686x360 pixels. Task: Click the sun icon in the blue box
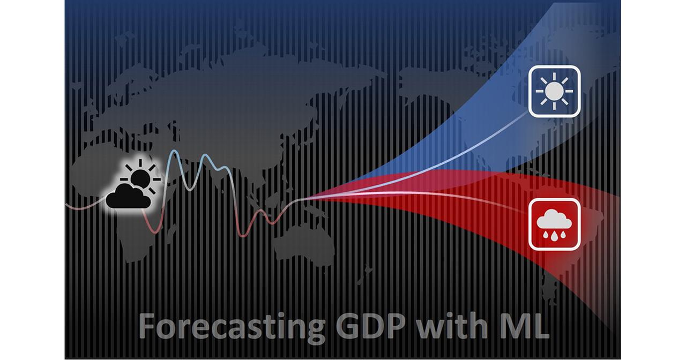(554, 91)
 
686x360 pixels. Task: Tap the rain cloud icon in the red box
(554, 224)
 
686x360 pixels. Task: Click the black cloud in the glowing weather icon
(128, 196)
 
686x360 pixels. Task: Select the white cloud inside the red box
(554, 219)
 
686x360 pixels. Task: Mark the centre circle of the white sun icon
(554, 91)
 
